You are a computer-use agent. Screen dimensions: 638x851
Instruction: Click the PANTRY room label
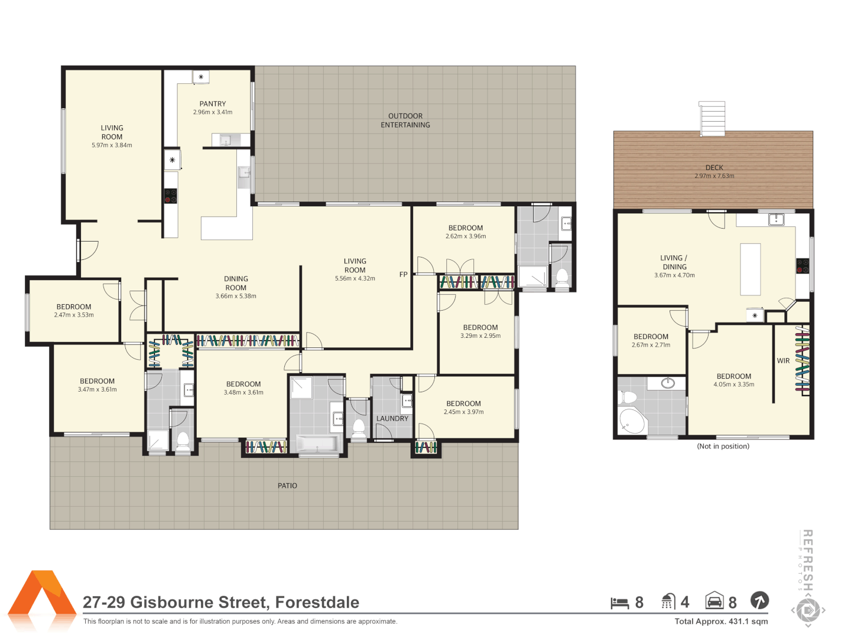(x=213, y=104)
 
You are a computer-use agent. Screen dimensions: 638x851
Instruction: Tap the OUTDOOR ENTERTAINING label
(x=405, y=121)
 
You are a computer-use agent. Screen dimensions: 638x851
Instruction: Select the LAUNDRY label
(x=392, y=418)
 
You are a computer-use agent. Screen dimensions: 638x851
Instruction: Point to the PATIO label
(x=287, y=486)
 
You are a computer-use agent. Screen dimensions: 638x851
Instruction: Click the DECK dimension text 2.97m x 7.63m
(x=714, y=176)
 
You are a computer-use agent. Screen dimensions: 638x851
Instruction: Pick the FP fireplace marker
(x=404, y=274)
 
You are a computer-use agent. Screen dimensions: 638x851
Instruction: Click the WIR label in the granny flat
(x=783, y=361)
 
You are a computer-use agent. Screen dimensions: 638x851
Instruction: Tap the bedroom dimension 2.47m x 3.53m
(x=74, y=315)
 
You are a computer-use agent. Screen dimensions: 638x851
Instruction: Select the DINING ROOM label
(x=236, y=283)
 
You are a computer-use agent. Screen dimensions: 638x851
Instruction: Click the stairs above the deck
(x=712, y=118)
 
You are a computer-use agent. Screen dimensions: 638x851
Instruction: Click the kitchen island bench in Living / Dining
(x=751, y=269)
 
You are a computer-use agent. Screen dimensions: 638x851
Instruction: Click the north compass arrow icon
(x=759, y=601)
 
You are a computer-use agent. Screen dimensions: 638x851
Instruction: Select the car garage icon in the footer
(x=714, y=601)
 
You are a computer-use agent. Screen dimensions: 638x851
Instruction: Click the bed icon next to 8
(x=619, y=603)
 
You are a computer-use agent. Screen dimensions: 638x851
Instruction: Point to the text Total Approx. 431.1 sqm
(x=721, y=621)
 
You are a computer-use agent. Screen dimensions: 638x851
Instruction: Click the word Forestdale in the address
(x=317, y=602)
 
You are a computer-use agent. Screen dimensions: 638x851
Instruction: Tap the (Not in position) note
(x=723, y=447)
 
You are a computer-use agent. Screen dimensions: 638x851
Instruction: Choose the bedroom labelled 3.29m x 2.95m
(x=480, y=331)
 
